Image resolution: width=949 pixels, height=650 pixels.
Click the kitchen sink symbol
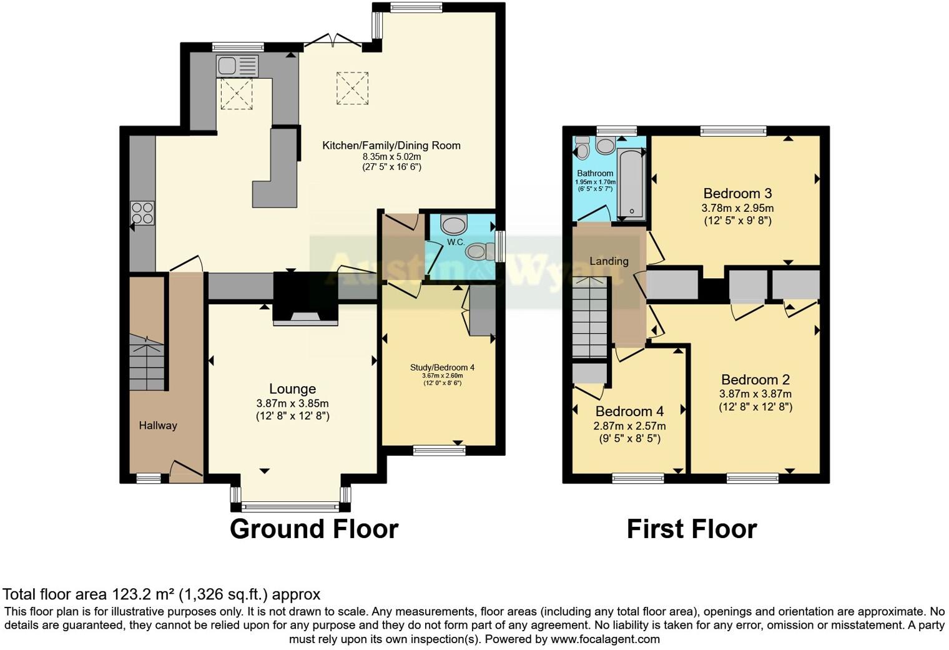click(237, 66)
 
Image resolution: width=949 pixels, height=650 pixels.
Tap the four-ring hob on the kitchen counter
click(142, 212)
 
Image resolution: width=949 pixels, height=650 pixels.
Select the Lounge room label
click(292, 389)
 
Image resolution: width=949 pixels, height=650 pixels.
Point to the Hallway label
click(158, 426)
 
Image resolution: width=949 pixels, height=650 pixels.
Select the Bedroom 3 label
click(737, 193)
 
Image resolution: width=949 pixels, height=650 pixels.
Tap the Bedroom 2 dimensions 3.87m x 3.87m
click(755, 394)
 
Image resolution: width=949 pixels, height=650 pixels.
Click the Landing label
click(609, 261)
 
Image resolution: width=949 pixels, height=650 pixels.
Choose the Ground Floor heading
click(314, 529)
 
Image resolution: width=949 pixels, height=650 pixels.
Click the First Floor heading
click(692, 529)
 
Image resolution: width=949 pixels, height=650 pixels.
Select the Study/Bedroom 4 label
click(442, 367)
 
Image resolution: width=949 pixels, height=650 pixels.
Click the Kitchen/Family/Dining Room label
click(391, 146)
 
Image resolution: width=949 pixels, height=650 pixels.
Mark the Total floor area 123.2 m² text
click(162, 594)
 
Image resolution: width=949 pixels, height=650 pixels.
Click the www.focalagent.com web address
click(605, 639)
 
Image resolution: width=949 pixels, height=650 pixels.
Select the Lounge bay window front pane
click(291, 507)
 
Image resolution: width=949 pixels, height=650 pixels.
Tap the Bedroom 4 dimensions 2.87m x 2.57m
click(629, 426)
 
